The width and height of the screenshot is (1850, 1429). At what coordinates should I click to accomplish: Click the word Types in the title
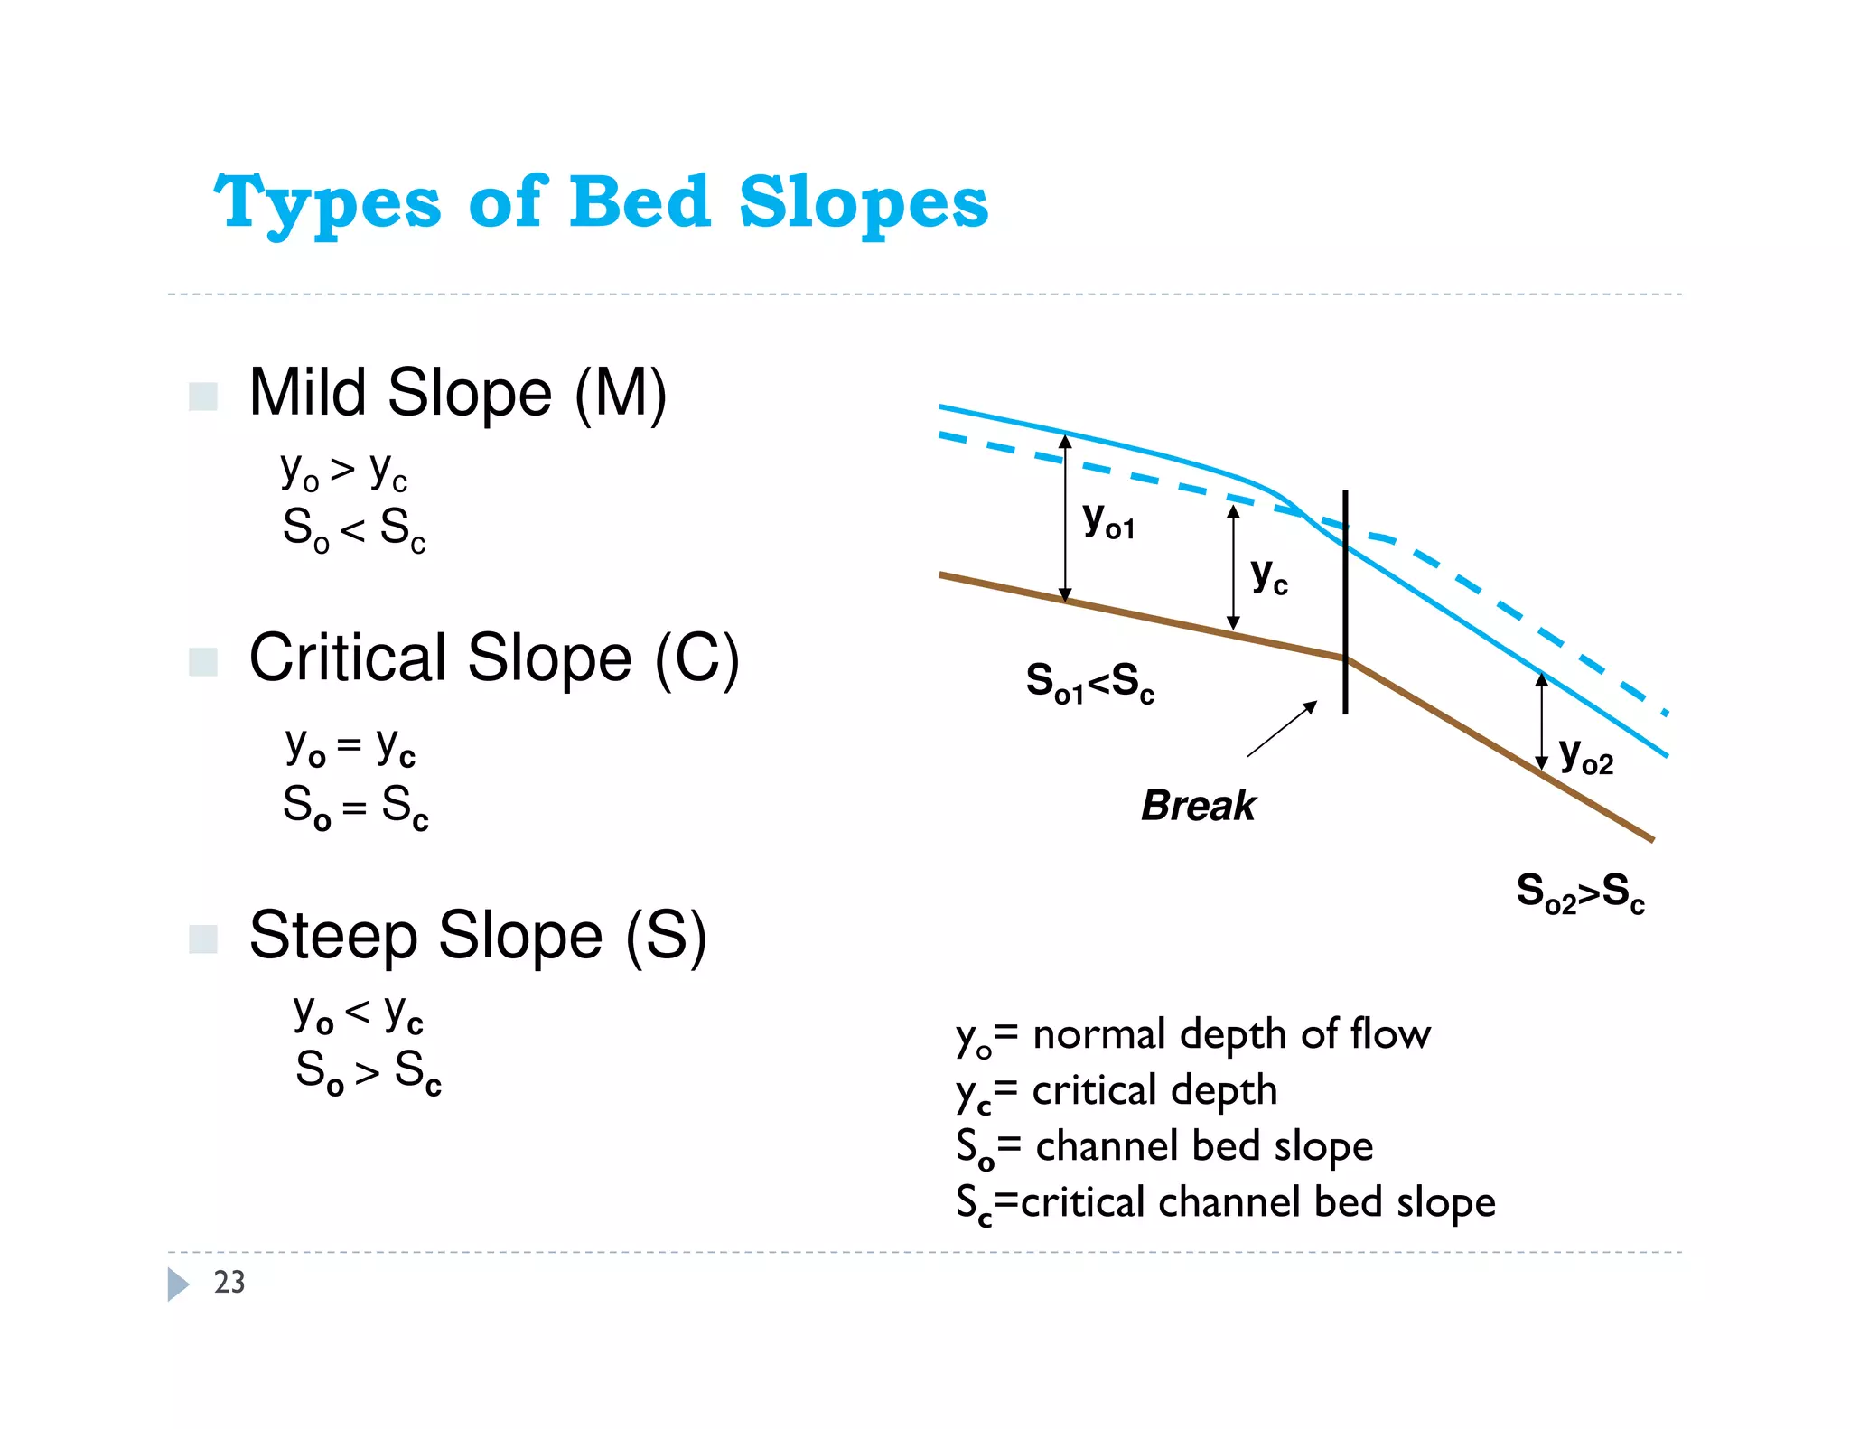(x=327, y=202)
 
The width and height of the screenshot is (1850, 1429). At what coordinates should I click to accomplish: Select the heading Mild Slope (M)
(x=457, y=393)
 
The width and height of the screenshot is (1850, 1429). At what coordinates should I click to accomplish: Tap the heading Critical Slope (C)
(x=493, y=658)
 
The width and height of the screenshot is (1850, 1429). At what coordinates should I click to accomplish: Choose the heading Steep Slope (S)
(x=477, y=936)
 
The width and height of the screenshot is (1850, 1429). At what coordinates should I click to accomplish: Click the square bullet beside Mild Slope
(x=202, y=397)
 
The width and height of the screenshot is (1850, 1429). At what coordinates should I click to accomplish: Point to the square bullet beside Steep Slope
(x=202, y=939)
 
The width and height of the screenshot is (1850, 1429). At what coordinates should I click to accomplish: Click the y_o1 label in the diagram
(x=1108, y=521)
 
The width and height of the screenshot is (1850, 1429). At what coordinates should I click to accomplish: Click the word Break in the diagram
(x=1198, y=806)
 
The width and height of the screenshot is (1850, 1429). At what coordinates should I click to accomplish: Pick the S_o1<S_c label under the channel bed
(x=1089, y=682)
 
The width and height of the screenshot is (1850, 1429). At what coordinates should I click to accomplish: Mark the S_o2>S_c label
(x=1580, y=892)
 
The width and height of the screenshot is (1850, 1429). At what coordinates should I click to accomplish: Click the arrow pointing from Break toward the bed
(x=1283, y=728)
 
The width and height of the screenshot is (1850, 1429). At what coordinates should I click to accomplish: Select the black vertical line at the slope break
(x=1345, y=602)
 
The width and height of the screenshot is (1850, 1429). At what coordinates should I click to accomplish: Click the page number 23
(x=229, y=1282)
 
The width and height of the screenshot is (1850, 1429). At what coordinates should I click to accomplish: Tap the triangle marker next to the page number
(x=178, y=1284)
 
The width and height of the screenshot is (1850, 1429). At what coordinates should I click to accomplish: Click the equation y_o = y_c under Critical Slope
(x=350, y=748)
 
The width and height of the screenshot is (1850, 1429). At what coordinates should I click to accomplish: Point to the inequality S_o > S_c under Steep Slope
(x=369, y=1072)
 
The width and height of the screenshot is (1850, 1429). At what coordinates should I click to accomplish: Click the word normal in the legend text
(x=1098, y=1035)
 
